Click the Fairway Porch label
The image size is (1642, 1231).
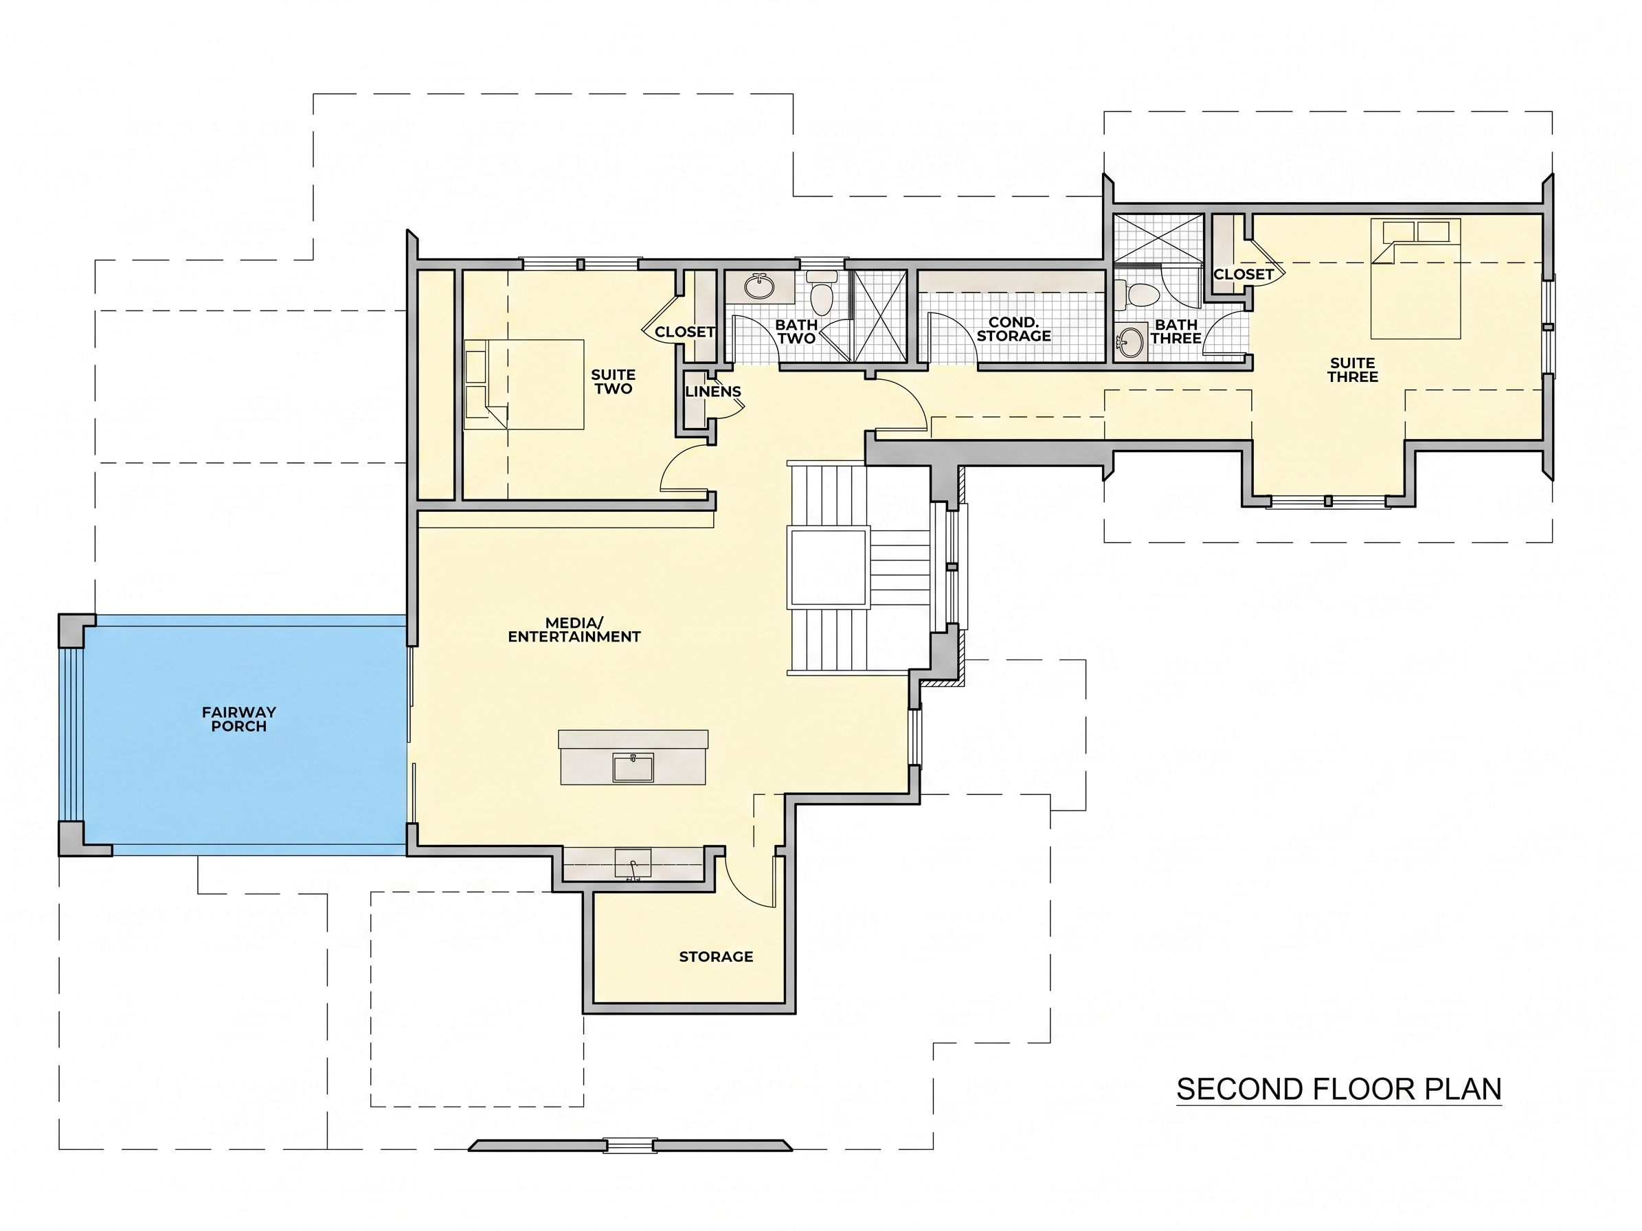(239, 719)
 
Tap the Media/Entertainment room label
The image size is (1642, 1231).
(574, 629)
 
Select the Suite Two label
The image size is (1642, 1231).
(613, 381)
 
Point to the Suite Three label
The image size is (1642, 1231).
(1353, 370)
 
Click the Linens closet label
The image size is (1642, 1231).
(713, 391)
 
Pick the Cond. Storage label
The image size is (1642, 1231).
(1013, 329)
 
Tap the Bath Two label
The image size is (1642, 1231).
(796, 331)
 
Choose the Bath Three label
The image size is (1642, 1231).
(1176, 331)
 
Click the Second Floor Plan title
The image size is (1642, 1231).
(1339, 1089)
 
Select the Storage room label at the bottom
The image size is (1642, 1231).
(717, 956)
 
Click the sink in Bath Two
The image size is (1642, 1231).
(758, 286)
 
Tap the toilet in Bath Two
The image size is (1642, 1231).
(822, 293)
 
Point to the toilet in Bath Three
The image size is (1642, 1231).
(1140, 295)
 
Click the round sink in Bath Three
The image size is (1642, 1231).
(1131, 343)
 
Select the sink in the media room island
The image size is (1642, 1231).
(633, 767)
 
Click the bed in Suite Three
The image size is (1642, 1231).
(1415, 278)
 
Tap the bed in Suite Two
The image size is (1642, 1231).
(524, 385)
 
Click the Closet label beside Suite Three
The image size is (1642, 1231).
(1244, 274)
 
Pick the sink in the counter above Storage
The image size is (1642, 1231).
(633, 864)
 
